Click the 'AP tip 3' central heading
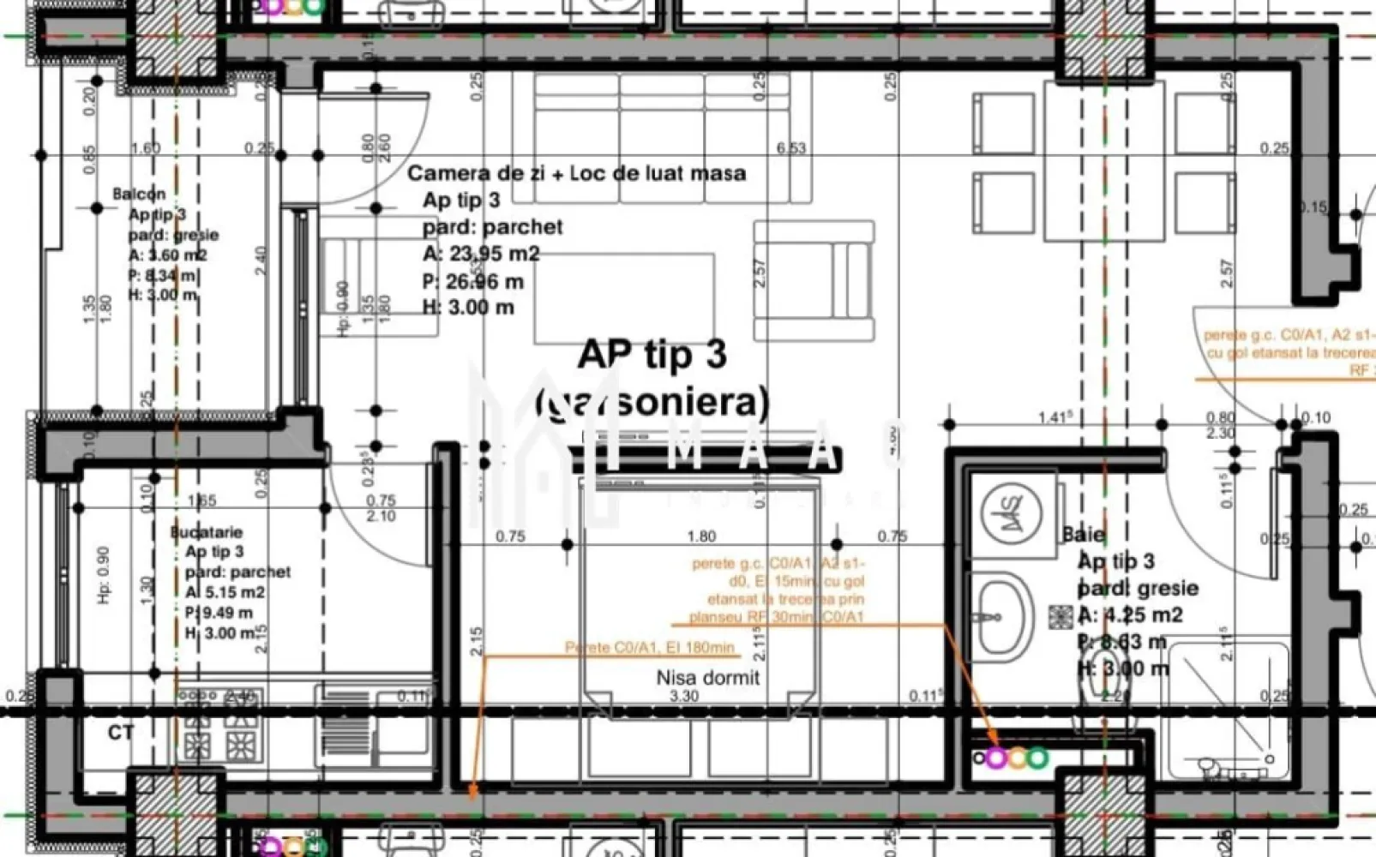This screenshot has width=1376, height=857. [x=652, y=354]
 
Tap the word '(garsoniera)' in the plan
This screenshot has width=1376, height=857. [x=652, y=401]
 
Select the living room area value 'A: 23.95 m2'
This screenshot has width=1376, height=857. [x=481, y=254]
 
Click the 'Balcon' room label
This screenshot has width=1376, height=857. [x=139, y=195]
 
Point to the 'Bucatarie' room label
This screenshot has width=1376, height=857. [x=206, y=532]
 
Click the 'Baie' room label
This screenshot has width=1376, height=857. [x=1084, y=534]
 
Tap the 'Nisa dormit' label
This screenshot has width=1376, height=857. [x=708, y=678]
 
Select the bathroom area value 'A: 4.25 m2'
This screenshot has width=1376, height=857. [x=1130, y=615]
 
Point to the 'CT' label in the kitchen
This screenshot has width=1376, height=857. [x=121, y=733]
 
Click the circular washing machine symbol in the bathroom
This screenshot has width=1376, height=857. [x=1012, y=512]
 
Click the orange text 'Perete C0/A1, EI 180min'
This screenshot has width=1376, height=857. [x=650, y=648]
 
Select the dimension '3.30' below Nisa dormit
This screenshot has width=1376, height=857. [x=683, y=696]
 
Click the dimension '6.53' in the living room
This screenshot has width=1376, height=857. [x=790, y=148]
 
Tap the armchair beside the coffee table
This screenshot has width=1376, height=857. [x=814, y=280]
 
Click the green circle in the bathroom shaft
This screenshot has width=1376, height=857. [x=1038, y=758]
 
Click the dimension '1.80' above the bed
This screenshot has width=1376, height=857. [x=701, y=536]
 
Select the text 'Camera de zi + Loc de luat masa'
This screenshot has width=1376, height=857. [x=576, y=173]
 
